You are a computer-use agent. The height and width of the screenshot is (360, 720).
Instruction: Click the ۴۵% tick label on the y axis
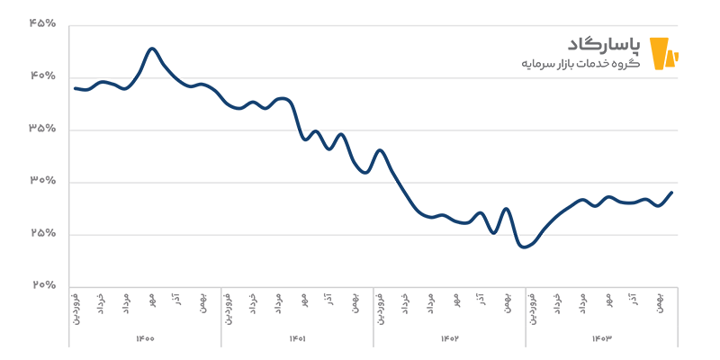click(x=42, y=24)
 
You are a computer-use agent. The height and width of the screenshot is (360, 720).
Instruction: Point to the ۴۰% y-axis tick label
click(x=42, y=76)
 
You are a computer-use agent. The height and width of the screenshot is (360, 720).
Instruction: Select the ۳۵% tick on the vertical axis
click(x=42, y=129)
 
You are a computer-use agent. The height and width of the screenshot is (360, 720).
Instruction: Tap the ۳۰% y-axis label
click(x=42, y=181)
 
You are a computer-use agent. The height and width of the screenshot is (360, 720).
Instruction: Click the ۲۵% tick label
click(x=42, y=233)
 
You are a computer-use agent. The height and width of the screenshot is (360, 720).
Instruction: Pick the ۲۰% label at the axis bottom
click(x=42, y=285)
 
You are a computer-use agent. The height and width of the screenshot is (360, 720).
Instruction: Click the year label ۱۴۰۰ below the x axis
click(x=145, y=338)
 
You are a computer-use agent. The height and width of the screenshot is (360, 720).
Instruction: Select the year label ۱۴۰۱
click(x=297, y=338)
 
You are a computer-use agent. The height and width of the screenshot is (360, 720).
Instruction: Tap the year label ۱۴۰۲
click(x=449, y=338)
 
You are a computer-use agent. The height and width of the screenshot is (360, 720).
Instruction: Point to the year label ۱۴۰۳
click(x=601, y=338)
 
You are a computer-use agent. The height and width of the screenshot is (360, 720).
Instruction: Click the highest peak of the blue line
click(x=152, y=49)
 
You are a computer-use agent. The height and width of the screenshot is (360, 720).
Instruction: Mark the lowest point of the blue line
click(x=524, y=247)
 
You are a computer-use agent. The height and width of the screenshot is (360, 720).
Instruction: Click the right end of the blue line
click(x=672, y=193)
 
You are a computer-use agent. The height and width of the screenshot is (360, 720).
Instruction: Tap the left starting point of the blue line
click(x=75, y=88)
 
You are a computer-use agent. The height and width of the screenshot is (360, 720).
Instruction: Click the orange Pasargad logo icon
click(x=662, y=53)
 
